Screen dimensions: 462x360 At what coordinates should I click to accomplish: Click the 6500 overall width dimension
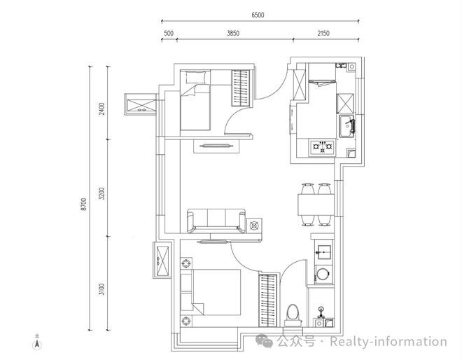pyautogui.click(x=258, y=15)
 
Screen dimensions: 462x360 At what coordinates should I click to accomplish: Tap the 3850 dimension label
pyautogui.click(x=233, y=34)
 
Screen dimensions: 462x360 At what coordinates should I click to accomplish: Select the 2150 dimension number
pyautogui.click(x=323, y=34)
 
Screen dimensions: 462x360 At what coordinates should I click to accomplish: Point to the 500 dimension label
pyautogui.click(x=169, y=34)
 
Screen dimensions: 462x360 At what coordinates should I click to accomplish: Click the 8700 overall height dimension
pyautogui.click(x=84, y=204)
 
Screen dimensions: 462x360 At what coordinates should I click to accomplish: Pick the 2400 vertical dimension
pyautogui.click(x=101, y=109)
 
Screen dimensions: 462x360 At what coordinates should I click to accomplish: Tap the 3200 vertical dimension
pyautogui.click(x=101, y=193)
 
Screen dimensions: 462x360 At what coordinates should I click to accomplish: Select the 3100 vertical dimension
pyautogui.click(x=101, y=289)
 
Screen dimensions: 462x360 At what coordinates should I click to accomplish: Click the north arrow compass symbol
pyautogui.click(x=37, y=342)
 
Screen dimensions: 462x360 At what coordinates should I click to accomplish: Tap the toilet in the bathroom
pyautogui.click(x=293, y=315)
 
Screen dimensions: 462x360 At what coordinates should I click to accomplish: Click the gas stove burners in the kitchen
pyautogui.click(x=323, y=146)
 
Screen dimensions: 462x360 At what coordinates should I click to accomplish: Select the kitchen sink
pyautogui.click(x=346, y=126)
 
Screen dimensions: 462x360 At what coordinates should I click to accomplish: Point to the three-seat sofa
pyautogui.click(x=216, y=221)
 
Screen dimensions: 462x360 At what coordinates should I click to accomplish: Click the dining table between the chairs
pyautogui.click(x=316, y=205)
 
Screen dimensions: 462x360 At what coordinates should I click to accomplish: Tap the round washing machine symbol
pyautogui.click(x=323, y=274)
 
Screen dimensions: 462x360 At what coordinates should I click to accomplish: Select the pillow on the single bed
pyautogui.click(x=195, y=77)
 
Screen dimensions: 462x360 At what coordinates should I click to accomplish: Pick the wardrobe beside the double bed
pyautogui.click(x=268, y=300)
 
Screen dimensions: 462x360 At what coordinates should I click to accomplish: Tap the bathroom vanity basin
pyautogui.click(x=323, y=252)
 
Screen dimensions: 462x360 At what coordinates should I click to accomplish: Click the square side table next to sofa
pyautogui.click(x=254, y=226)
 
